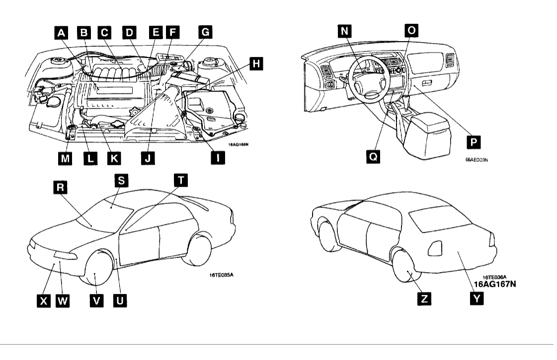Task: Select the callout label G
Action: [x=205, y=33]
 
